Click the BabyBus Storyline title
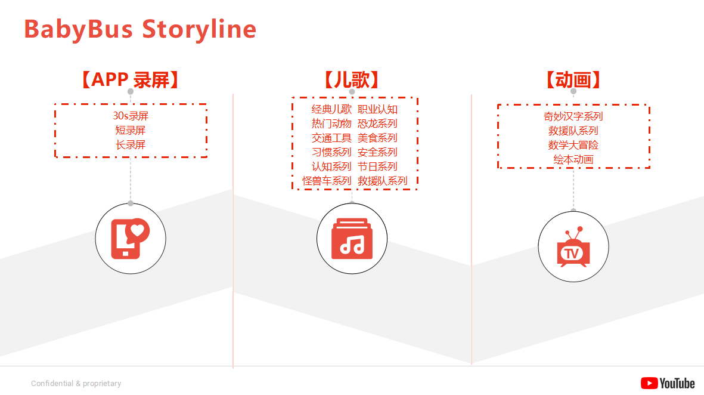pyautogui.click(x=140, y=29)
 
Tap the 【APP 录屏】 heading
pyautogui.click(x=130, y=80)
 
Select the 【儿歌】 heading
pyautogui.click(x=352, y=80)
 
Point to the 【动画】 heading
pyautogui.click(x=573, y=80)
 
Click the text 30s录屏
pyautogui.click(x=131, y=116)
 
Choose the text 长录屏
pyautogui.click(x=131, y=145)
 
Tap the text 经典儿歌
pyautogui.click(x=331, y=109)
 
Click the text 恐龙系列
pyautogui.click(x=377, y=124)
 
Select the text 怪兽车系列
pyautogui.click(x=327, y=181)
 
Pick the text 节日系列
pyautogui.click(x=377, y=166)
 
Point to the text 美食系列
pyautogui.click(x=377, y=138)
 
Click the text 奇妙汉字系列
pyautogui.click(x=573, y=116)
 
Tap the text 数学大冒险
pyautogui.click(x=573, y=145)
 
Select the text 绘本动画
pyautogui.click(x=573, y=159)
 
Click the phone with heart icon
pyautogui.click(x=130, y=239)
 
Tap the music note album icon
pyautogui.click(x=352, y=239)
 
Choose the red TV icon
pyautogui.click(x=573, y=246)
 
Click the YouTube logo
pyautogui.click(x=668, y=383)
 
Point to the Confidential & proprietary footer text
pyautogui.click(x=76, y=383)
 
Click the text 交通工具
pyautogui.click(x=331, y=138)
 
